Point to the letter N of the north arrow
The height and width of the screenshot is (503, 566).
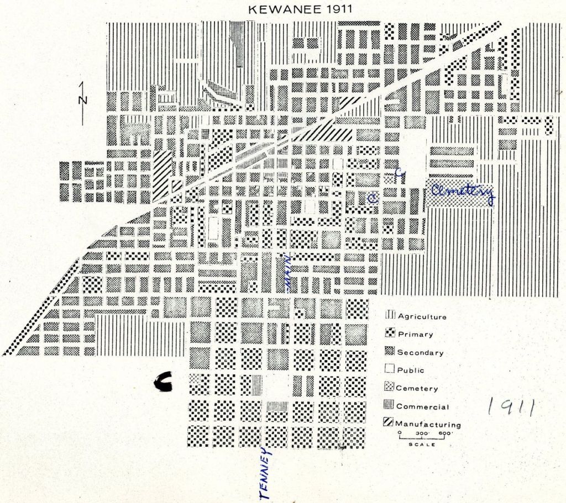pyautogui.click(x=82, y=100)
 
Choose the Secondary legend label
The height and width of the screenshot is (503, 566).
pyautogui.click(x=420, y=352)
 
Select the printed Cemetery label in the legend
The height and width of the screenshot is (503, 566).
pyautogui.click(x=417, y=389)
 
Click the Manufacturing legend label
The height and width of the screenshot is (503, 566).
pyautogui.click(x=428, y=425)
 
